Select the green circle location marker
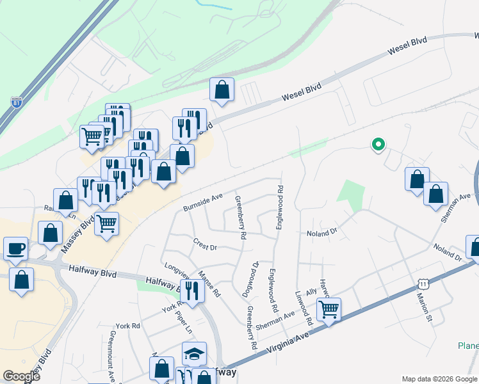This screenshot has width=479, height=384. click(378, 145)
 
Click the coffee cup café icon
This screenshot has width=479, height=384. click(15, 248)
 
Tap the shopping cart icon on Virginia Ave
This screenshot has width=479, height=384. click(329, 310)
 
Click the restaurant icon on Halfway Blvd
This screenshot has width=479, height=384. click(192, 291)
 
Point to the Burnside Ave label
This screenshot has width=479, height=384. click(202, 203)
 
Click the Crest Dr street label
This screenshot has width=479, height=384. click(206, 244)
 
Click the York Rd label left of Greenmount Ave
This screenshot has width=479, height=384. click(127, 326)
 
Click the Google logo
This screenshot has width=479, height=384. click(22, 376)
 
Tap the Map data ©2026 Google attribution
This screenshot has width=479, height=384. click(439, 379)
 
